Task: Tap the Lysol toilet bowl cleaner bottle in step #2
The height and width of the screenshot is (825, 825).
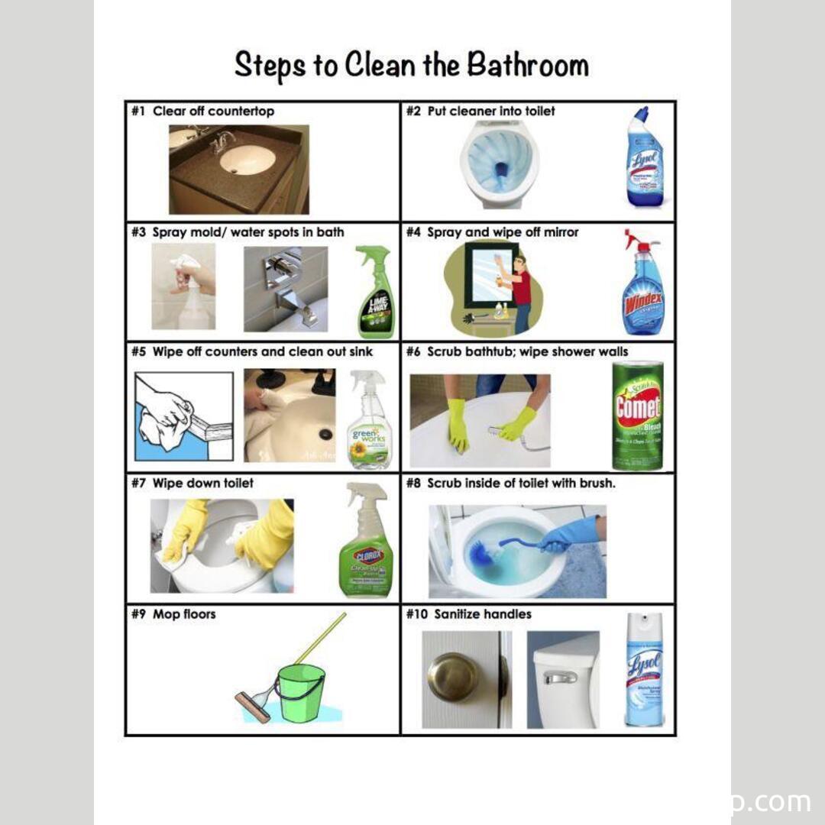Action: tap(644, 159)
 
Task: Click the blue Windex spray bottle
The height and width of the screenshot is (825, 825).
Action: tap(642, 286)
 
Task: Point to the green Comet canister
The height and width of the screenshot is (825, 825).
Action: tap(637, 416)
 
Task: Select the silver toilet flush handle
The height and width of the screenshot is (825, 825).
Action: tap(559, 678)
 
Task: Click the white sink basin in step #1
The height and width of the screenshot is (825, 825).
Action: tap(247, 160)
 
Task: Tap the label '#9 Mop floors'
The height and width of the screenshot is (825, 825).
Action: tap(173, 614)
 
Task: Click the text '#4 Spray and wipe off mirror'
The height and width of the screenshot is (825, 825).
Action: tap(492, 232)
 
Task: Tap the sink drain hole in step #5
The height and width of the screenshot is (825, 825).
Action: tap(326, 434)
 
